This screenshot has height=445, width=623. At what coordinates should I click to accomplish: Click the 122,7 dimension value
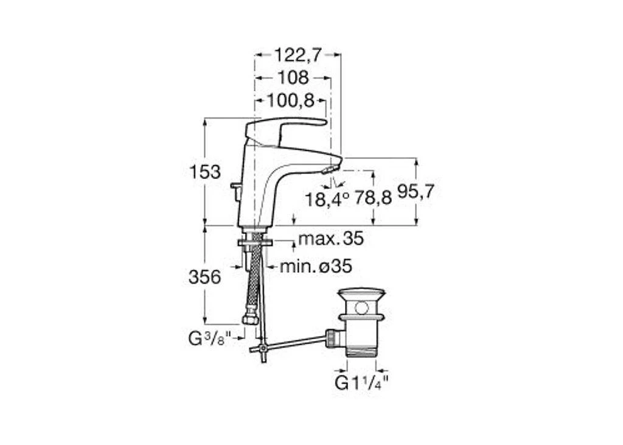[297, 55]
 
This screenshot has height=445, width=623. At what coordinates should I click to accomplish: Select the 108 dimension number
[293, 77]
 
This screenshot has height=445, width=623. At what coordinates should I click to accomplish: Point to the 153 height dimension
[204, 172]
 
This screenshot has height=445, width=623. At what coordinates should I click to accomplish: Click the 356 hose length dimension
[204, 277]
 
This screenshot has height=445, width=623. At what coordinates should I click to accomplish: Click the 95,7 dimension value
[416, 192]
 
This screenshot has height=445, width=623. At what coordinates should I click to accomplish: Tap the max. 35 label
[331, 239]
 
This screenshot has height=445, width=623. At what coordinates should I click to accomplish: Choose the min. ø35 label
[316, 266]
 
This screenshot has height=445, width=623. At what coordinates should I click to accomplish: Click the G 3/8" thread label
[209, 339]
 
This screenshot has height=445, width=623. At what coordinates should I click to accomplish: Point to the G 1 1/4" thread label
[361, 384]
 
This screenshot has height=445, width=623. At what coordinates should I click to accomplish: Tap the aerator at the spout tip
[328, 170]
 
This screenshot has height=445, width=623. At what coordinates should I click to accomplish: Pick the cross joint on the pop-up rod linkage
[262, 349]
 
